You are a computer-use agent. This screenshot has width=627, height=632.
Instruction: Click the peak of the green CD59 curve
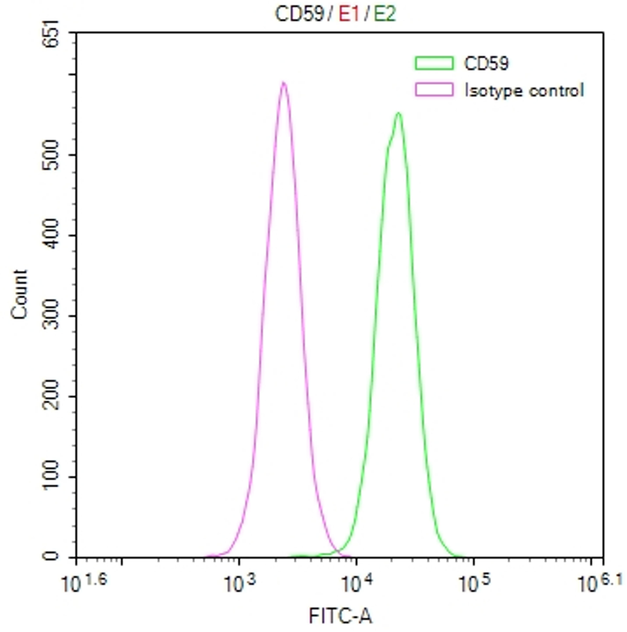[398, 113]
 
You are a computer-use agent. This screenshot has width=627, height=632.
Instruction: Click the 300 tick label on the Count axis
[51, 316]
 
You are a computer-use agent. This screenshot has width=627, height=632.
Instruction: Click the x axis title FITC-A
[340, 616]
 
